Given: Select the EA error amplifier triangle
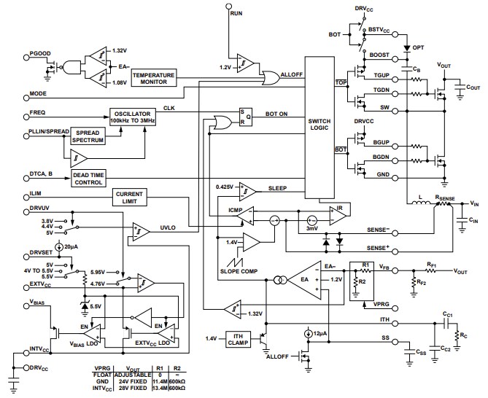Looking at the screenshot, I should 307,278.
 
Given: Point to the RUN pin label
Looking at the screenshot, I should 236,14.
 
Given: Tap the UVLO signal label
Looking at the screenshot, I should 169,228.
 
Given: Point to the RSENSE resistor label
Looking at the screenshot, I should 446,196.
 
